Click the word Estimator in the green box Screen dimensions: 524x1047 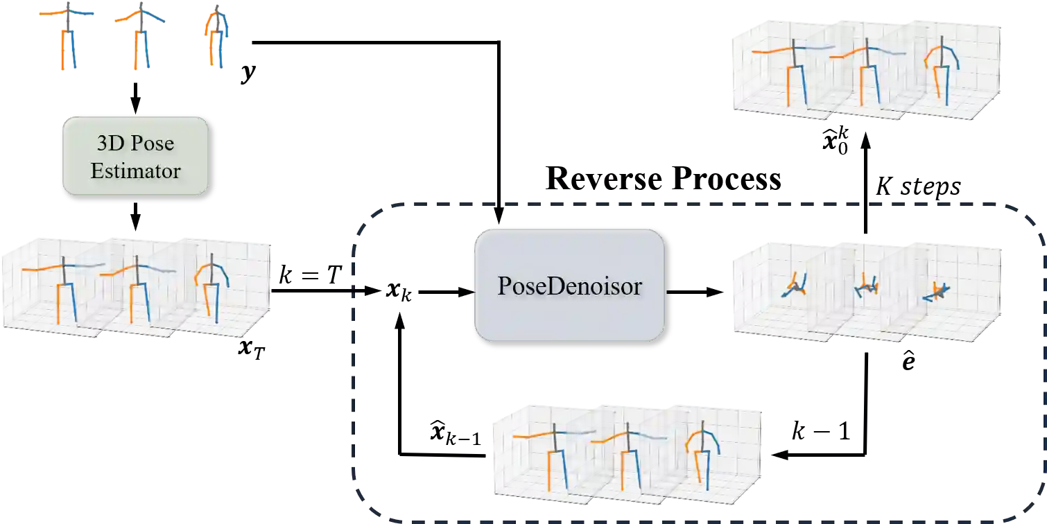(x=135, y=171)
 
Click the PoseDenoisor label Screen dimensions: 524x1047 (x=569, y=286)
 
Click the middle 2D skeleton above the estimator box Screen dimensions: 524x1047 (x=139, y=38)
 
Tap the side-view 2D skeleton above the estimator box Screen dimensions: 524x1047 (x=217, y=38)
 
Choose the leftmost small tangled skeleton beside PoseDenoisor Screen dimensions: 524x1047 (x=795, y=286)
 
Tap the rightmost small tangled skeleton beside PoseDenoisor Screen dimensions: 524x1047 (x=937, y=291)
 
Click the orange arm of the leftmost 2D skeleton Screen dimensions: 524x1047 (x=49, y=13)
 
